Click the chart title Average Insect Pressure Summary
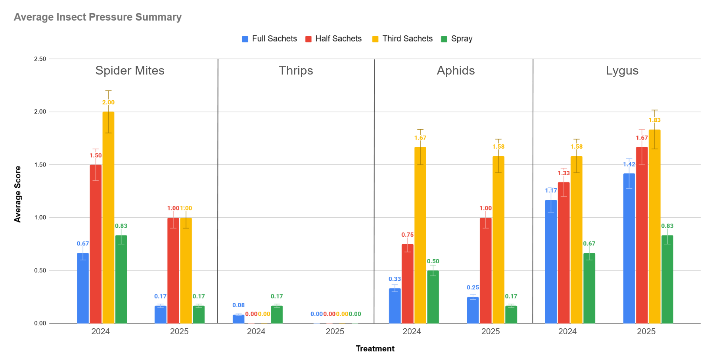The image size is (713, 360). pos(98,17)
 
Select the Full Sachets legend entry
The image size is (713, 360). pos(270,39)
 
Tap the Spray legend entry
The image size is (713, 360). pos(457,39)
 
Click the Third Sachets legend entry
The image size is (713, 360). pos(402,39)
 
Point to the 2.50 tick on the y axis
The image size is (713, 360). pos(40,59)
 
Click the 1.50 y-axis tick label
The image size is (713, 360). pos(40,165)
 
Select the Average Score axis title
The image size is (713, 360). pos(18,194)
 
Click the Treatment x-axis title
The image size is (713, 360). pos(375,349)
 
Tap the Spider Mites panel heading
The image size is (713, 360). pos(130,71)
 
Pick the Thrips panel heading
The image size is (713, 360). pos(296,71)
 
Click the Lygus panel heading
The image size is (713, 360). pos(622,71)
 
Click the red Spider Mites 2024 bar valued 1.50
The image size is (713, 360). pos(96,244)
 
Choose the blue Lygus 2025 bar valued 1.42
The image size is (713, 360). pos(629,248)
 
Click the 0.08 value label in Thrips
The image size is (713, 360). pos(238,305)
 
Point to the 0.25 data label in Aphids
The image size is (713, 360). pos(473,287)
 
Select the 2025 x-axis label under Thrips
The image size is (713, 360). pos(335,331)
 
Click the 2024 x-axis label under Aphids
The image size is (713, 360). pos(412,331)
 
